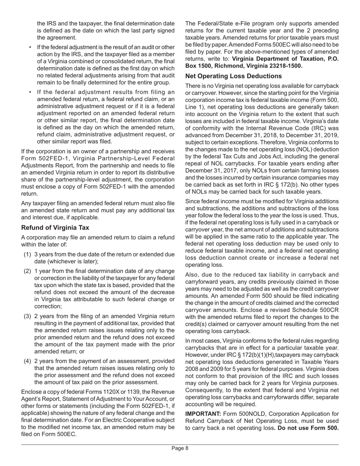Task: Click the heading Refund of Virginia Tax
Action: (x=55, y=228)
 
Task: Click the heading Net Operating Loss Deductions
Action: (x=233, y=76)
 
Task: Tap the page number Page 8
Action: (x=180, y=448)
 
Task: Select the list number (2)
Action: (x=28, y=271)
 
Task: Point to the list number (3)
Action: (x=28, y=316)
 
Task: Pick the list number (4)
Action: (x=28, y=361)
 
